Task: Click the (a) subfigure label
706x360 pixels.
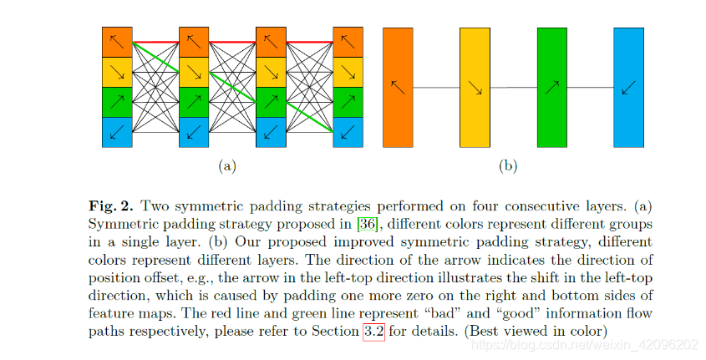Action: tap(226, 166)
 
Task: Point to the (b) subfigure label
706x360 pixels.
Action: tap(507, 166)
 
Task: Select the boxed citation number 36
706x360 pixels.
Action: tap(367, 225)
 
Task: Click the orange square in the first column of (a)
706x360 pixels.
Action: tap(117, 42)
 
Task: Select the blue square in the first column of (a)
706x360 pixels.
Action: tap(117, 132)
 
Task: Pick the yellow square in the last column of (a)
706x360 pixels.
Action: tap(348, 72)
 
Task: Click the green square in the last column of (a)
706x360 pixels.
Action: tap(348, 102)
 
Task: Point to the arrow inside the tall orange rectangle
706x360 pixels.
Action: tap(398, 87)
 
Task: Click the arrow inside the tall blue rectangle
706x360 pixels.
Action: tap(628, 87)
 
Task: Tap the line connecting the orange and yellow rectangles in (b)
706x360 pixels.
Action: tap(436, 87)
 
